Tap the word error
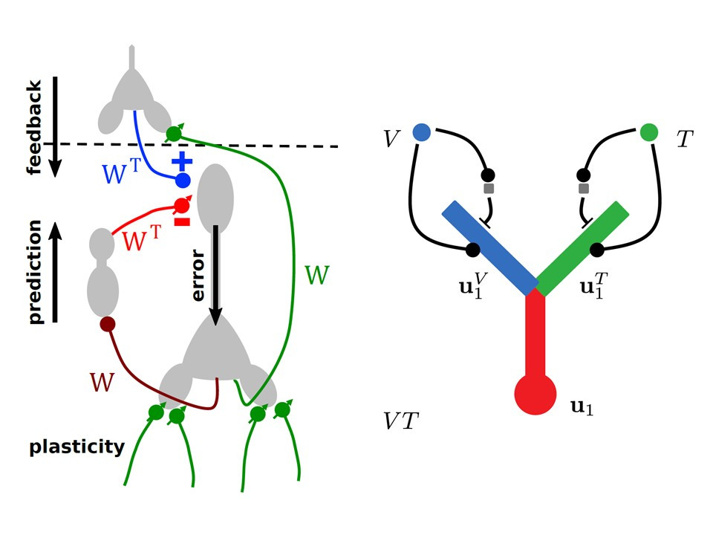[198, 277]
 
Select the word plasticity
[76, 447]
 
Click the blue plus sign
[181, 160]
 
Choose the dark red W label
[102, 382]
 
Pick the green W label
[318, 276]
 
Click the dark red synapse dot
[108, 324]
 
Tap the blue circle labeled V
[421, 132]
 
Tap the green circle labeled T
[648, 132]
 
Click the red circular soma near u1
[535, 392]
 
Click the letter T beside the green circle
[685, 138]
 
